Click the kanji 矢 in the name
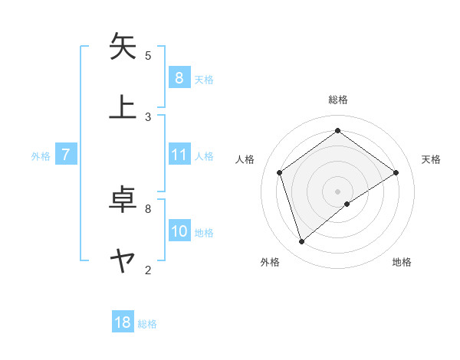click(123, 47)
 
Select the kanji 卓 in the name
click(123, 200)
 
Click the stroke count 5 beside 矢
click(148, 55)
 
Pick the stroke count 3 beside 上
click(148, 116)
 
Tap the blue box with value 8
click(179, 77)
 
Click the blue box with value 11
click(179, 155)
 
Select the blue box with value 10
click(179, 231)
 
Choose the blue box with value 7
click(66, 155)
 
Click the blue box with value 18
click(123, 322)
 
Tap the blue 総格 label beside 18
click(147, 324)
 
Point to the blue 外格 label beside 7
click(41, 156)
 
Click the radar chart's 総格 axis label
click(337, 100)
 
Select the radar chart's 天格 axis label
click(431, 159)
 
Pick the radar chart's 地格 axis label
click(402, 262)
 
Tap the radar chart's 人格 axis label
click(245, 159)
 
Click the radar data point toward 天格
click(396, 172)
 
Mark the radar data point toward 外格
click(301, 242)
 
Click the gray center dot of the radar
click(337, 190)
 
